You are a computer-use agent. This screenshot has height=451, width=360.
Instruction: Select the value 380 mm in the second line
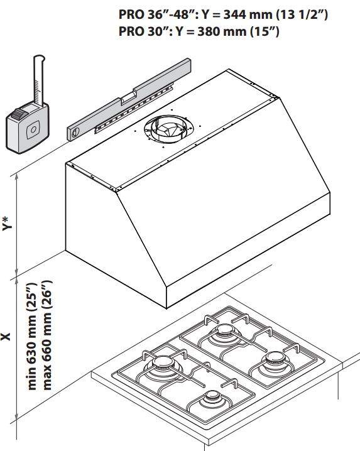(222, 31)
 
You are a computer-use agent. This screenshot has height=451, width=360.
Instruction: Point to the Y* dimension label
(8, 224)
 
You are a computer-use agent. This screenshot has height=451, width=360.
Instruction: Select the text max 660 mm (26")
(46, 335)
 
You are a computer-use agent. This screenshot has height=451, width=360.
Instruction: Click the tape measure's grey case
(28, 129)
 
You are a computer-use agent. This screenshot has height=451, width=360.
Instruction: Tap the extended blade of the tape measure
(39, 80)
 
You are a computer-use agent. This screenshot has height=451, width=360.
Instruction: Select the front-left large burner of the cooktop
(161, 364)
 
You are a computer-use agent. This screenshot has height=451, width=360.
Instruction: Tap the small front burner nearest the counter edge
(212, 398)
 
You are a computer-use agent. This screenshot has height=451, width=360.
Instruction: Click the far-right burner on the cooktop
(275, 359)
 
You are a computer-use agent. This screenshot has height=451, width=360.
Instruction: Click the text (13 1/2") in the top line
(302, 14)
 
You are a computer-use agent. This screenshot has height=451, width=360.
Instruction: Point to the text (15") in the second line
(265, 31)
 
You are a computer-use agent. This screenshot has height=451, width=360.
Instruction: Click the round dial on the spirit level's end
(75, 133)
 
